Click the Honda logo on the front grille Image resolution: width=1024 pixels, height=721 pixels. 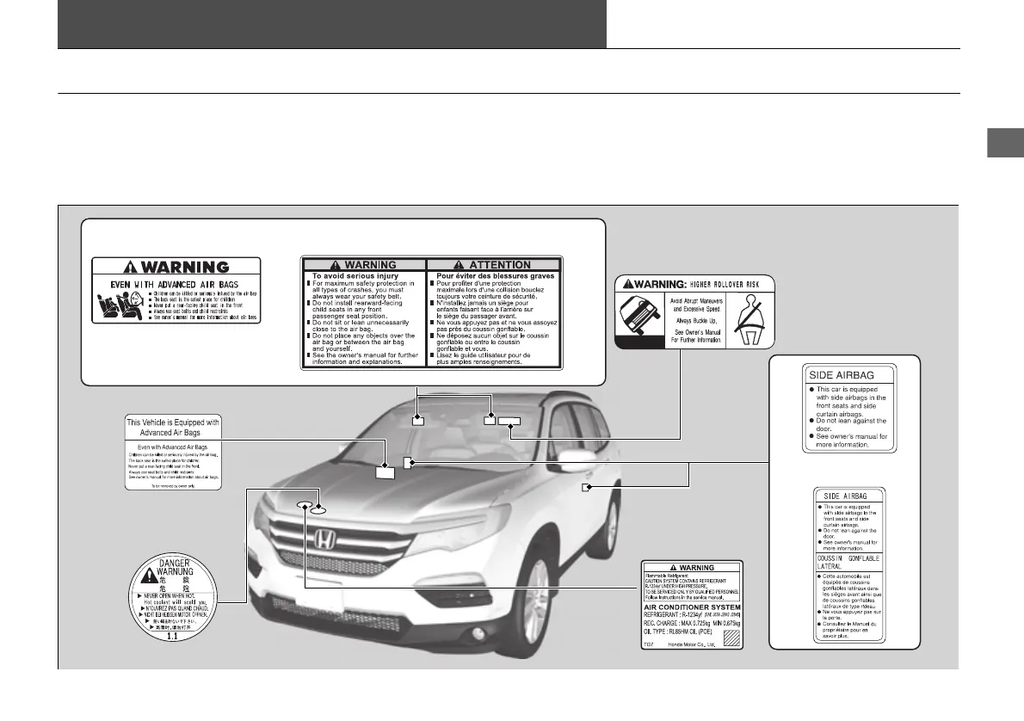coord(324,540)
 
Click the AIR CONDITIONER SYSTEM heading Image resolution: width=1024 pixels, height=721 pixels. coord(692,607)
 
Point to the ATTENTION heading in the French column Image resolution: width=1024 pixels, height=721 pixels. coord(493,264)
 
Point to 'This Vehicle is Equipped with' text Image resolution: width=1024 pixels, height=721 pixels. coord(173,422)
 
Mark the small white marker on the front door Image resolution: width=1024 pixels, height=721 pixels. coord(585,488)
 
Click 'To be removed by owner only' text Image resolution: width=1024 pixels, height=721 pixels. coord(173,485)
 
